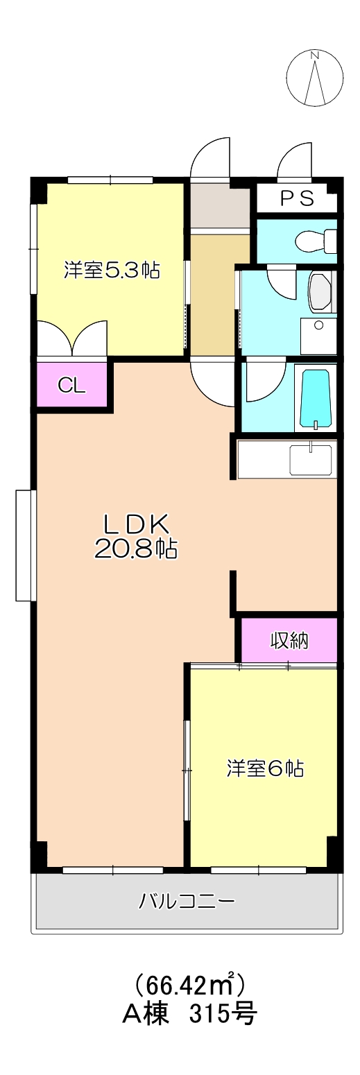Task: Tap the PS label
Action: (297, 199)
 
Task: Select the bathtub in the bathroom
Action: (316, 399)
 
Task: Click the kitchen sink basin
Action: (311, 460)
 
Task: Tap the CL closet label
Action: (71, 386)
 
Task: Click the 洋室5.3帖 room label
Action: (112, 270)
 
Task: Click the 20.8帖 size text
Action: (136, 549)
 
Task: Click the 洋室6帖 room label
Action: (265, 768)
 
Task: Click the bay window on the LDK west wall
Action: (25, 545)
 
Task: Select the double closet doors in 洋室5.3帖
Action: (73, 339)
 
